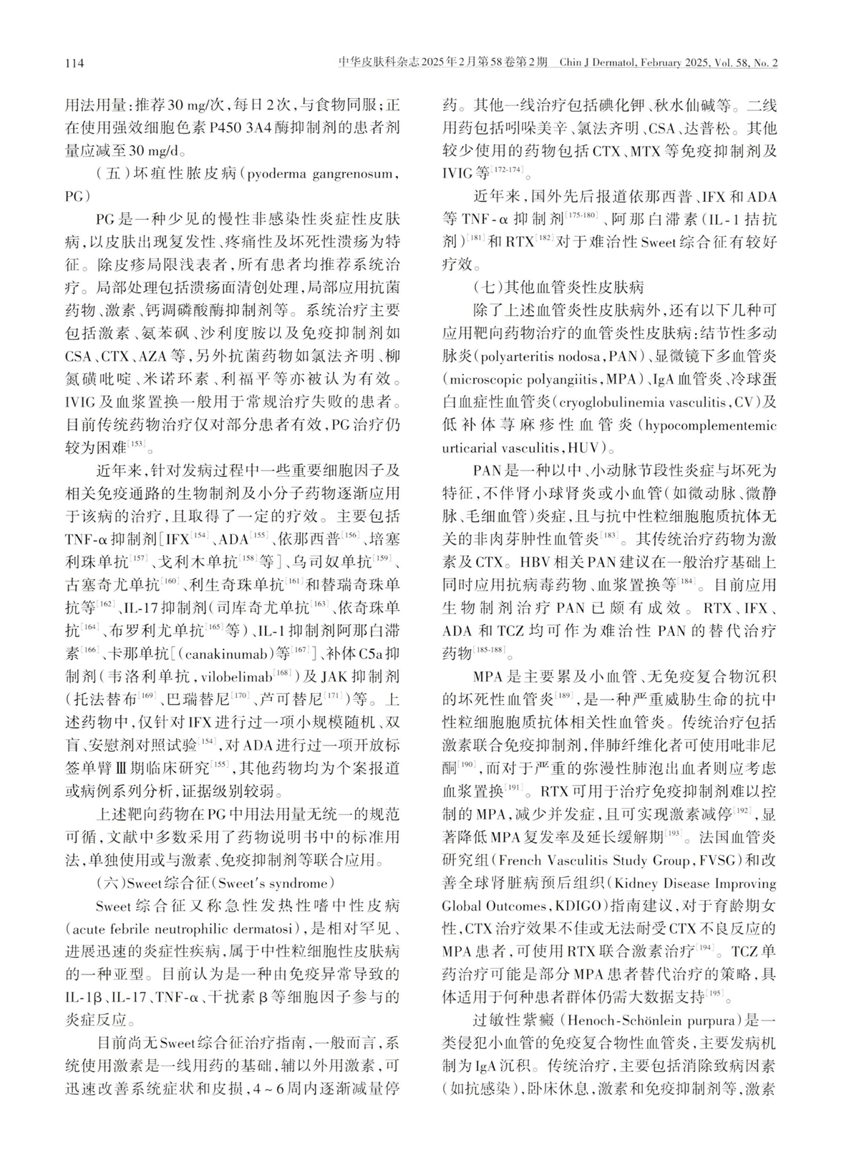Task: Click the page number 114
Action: (74, 64)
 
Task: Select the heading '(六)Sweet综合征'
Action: (150, 882)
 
